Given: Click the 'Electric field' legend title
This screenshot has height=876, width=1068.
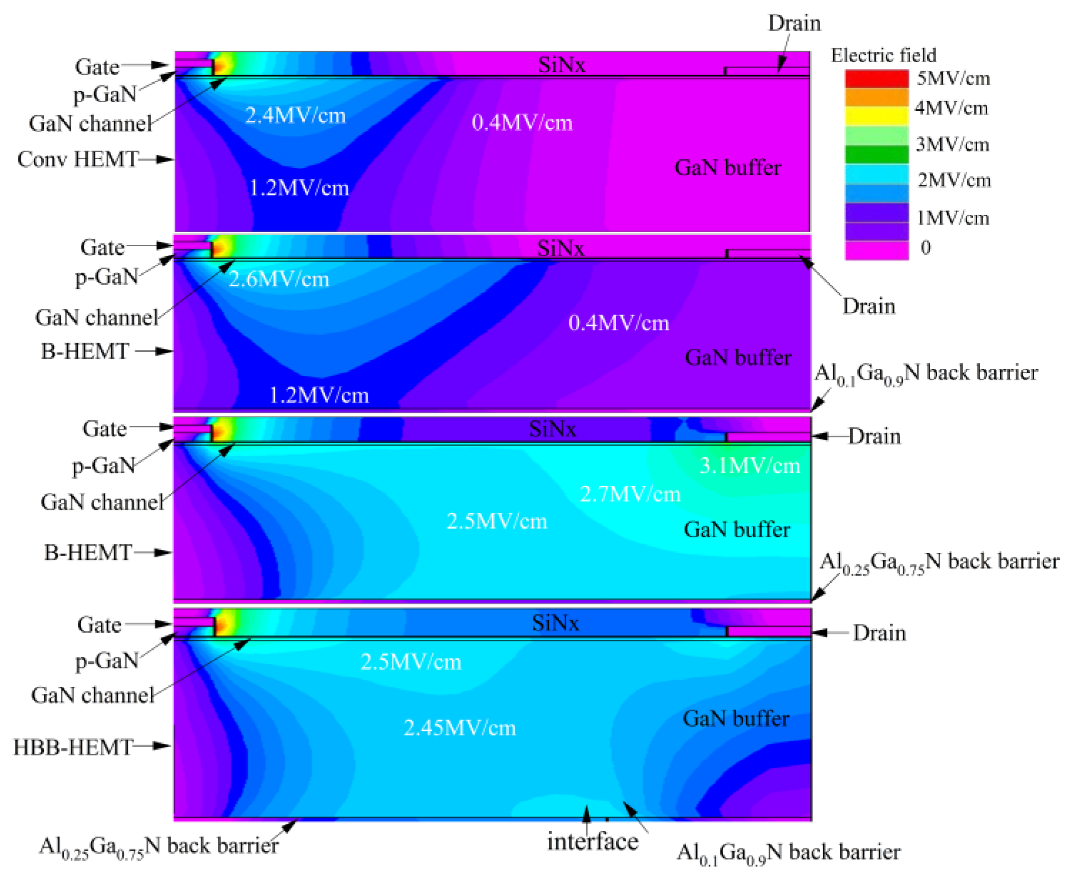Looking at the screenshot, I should coord(884,55).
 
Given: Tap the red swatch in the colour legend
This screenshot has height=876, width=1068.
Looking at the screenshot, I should coord(877,79).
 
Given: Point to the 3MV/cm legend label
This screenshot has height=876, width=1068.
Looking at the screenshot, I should coord(952,144).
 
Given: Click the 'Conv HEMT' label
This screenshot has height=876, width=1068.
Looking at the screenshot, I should coord(78,159).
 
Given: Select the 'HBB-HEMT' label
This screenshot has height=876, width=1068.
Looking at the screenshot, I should coord(73,747).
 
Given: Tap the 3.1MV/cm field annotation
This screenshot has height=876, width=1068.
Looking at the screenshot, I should coord(749,466).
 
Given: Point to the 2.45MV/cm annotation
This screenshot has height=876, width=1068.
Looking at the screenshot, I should coord(460,728).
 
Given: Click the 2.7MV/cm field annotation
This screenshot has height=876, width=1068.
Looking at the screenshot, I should coord(631,494).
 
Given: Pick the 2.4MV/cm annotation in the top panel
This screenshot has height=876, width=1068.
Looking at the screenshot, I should coord(295,116).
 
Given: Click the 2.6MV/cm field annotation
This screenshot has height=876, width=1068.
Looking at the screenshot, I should coord(279,279).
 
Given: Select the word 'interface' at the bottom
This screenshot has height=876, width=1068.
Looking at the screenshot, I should coord(592,841).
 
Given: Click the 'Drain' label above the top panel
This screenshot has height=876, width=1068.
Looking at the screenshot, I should coord(795,23).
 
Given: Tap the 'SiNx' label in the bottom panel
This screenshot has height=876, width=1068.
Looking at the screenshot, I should coord(555,623).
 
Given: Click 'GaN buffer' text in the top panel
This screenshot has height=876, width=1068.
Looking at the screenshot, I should coord(728,167).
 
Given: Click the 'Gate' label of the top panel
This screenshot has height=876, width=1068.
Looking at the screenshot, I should coord(97,67).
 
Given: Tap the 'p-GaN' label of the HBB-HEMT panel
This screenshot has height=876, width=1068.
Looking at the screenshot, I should coord(107,661).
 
